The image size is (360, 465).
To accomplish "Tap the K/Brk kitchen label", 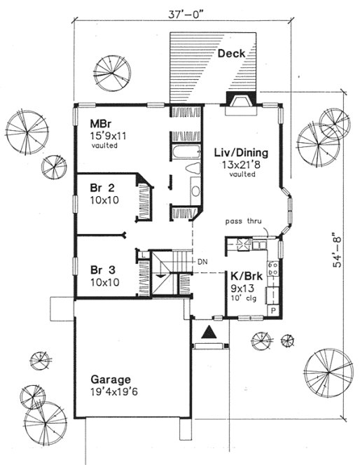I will tap(237, 276).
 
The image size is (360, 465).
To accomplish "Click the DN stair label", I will tap(202, 262).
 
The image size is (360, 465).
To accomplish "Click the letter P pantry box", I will tap(274, 309).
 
